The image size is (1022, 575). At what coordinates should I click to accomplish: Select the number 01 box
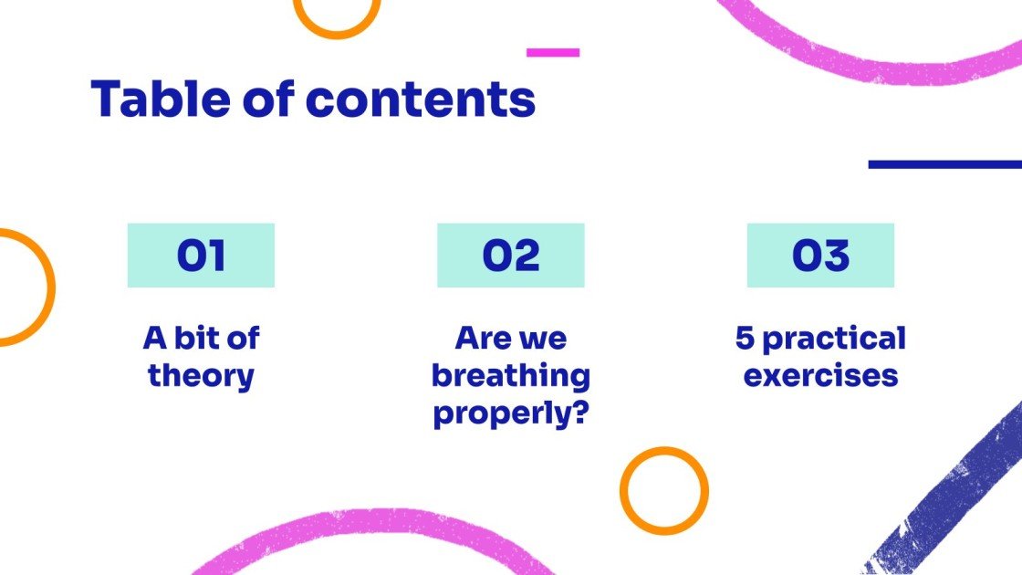(201, 256)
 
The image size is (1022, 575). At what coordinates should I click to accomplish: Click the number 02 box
(511, 256)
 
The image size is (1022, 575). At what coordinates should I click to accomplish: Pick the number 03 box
(820, 256)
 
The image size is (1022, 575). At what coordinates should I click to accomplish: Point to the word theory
(201, 375)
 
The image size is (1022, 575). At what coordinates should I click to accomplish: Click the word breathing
(511, 375)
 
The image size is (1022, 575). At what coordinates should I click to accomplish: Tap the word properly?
(511, 413)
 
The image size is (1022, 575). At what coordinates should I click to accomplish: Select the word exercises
(820, 375)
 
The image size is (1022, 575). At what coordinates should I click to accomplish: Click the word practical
(834, 339)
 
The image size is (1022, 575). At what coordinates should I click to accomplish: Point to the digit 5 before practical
(745, 339)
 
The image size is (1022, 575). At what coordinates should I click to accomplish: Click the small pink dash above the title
(553, 53)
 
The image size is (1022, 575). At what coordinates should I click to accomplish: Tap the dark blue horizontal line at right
(944, 164)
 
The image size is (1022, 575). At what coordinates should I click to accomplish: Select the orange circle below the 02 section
(664, 490)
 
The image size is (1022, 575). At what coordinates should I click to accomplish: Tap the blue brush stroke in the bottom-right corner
(958, 502)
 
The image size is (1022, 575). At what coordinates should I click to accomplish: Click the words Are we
(511, 339)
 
